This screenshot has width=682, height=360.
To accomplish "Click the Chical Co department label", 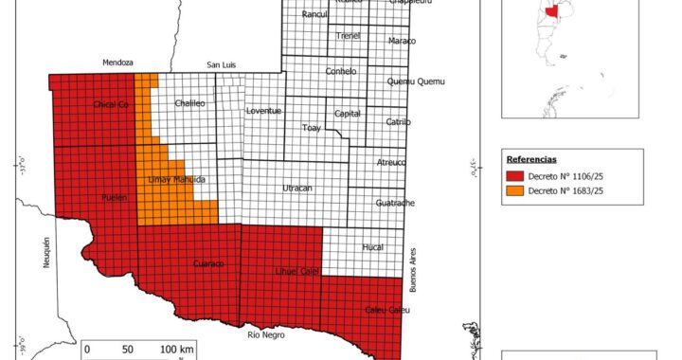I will (x=111, y=104).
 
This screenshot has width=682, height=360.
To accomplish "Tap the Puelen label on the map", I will (x=114, y=197).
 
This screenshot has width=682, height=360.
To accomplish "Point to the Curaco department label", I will (x=207, y=263).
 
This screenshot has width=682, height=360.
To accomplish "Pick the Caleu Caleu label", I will (x=386, y=310).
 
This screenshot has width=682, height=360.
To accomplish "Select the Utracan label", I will (x=296, y=189).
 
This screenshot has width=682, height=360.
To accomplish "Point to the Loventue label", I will (x=263, y=111).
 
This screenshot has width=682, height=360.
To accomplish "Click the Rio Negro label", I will (x=266, y=334).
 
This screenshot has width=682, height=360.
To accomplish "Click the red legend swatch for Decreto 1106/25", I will (x=514, y=175).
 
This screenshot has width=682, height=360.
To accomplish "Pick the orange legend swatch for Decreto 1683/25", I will (x=514, y=190).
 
